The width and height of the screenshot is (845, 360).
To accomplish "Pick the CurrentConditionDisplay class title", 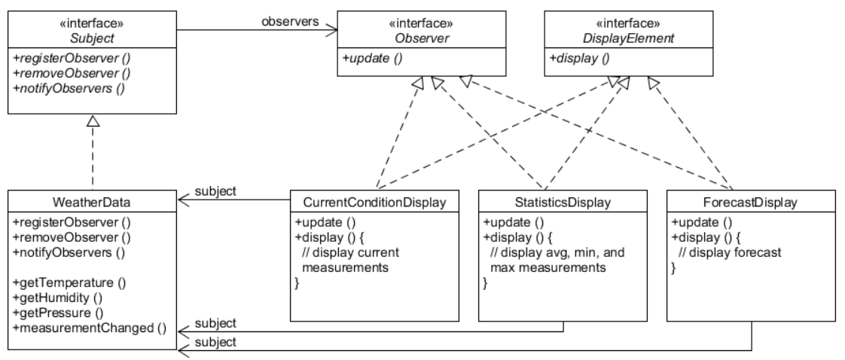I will [374, 203].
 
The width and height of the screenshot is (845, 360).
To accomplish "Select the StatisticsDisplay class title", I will [563, 203].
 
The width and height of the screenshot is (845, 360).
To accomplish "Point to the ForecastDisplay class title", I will [751, 203].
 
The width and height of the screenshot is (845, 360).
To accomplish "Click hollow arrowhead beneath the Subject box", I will [92, 121].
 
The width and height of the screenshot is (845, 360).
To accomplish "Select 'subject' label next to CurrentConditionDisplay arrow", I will [215, 191].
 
